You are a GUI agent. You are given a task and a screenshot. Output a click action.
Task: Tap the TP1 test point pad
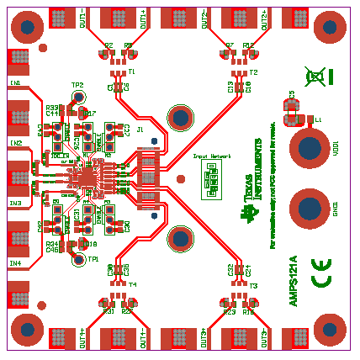pos(79,259)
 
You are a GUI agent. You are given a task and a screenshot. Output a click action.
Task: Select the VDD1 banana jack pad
pos(310,147)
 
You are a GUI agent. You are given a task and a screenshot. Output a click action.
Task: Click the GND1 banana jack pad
pos(310,208)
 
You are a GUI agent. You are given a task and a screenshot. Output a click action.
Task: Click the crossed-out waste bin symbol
pos(315,77)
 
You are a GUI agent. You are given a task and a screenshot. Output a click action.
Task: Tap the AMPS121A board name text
pos(294,280)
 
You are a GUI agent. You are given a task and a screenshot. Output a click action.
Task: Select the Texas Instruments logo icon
pos(247,212)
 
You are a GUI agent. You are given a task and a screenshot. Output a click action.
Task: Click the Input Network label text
pos(212,156)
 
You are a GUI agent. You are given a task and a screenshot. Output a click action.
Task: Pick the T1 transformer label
pos(131,72)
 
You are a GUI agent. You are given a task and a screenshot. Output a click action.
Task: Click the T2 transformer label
pos(253,72)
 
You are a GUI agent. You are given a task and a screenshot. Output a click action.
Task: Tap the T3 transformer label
pos(252,285)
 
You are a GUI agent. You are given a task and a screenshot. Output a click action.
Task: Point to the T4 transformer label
pos(132,285)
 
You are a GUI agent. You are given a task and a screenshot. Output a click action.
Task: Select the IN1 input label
pos(15,83)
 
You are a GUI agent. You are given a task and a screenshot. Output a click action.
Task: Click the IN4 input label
pos(15,263)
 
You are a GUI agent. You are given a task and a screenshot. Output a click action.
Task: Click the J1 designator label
pos(140,130)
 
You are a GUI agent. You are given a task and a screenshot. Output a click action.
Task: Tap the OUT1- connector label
pos(82,22)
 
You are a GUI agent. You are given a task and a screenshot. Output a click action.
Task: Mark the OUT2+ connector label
pos(265,22)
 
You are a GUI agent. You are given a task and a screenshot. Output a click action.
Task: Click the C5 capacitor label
pos(292,95)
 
